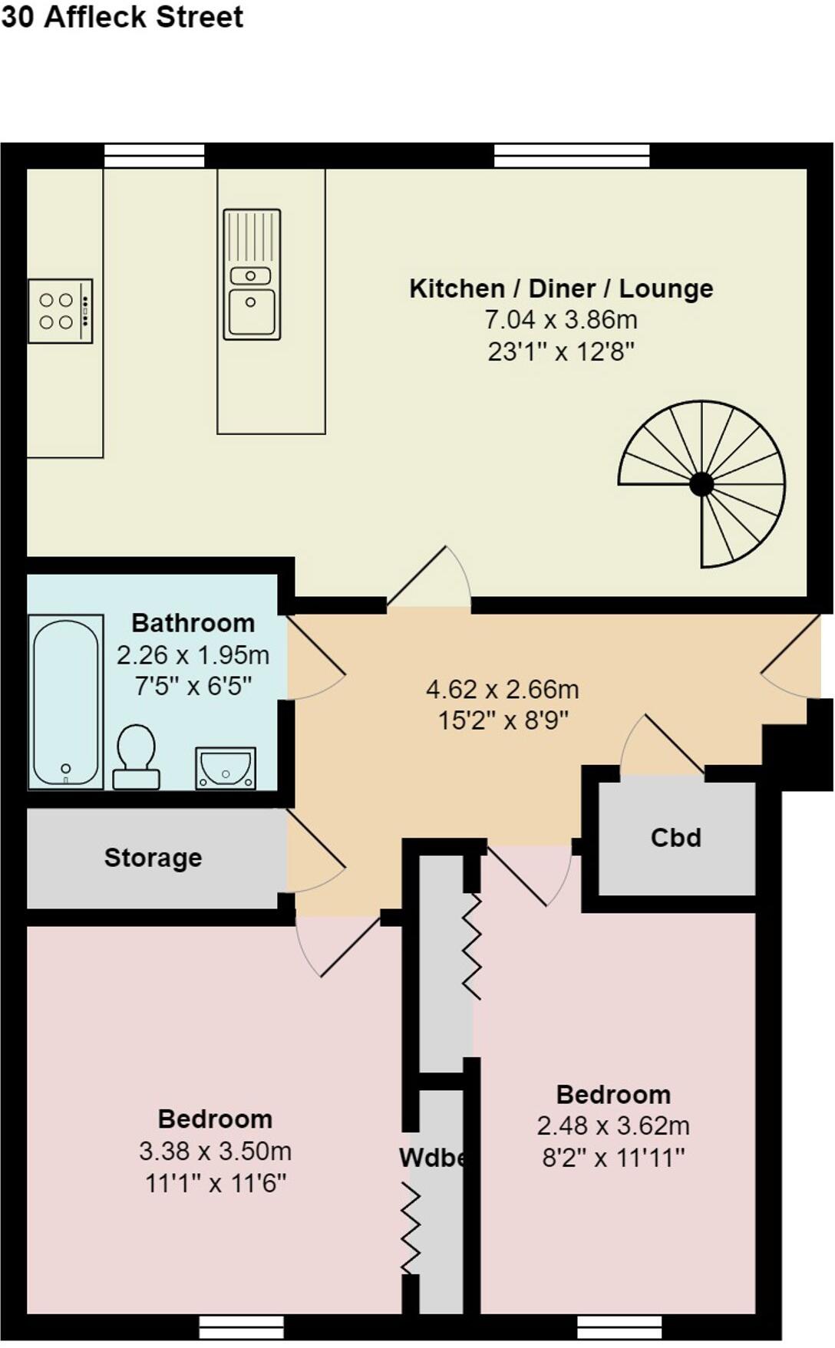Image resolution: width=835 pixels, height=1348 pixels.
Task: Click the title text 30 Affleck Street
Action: click(x=122, y=17)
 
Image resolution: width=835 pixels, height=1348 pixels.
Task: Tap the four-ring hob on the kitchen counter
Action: click(x=60, y=311)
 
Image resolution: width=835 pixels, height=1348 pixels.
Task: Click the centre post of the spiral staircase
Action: click(x=701, y=484)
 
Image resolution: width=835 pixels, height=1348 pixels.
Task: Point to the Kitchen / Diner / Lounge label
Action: click(x=561, y=288)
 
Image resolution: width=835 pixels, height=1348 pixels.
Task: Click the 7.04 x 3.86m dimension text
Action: click(x=561, y=319)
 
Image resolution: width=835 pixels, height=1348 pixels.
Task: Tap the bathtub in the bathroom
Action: click(x=66, y=700)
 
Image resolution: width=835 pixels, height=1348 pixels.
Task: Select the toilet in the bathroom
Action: click(x=137, y=756)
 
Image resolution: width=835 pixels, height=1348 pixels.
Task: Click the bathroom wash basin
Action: click(x=226, y=767)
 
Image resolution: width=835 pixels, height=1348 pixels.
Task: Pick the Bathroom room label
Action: click(x=193, y=623)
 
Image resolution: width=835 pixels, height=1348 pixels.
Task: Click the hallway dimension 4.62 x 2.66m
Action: click(x=503, y=689)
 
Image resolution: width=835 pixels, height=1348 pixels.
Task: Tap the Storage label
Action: click(x=153, y=857)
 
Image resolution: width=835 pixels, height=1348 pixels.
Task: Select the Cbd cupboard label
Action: click(x=676, y=837)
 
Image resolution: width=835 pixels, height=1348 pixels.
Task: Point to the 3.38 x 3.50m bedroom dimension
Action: click(x=215, y=1151)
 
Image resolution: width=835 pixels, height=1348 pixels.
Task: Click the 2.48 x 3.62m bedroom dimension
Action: click(x=613, y=1126)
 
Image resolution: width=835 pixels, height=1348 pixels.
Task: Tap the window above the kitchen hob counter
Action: click(x=154, y=156)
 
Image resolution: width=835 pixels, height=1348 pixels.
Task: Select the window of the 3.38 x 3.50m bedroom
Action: click(x=241, y=1327)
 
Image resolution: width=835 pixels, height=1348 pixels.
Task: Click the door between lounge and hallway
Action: click(x=428, y=579)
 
